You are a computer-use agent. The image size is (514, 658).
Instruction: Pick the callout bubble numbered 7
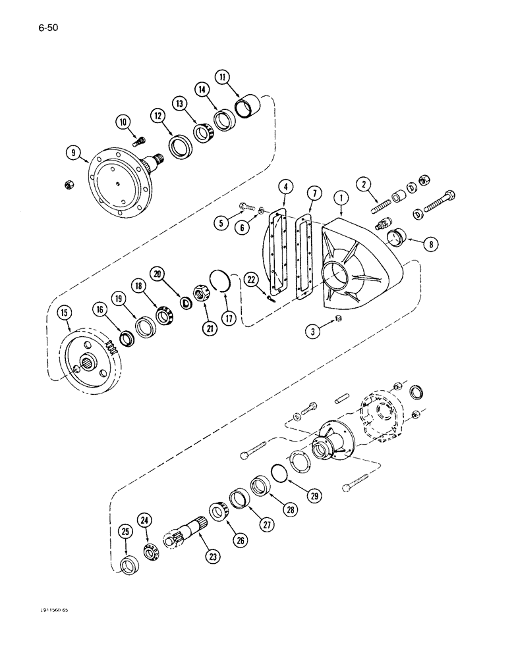coord(316,194)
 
